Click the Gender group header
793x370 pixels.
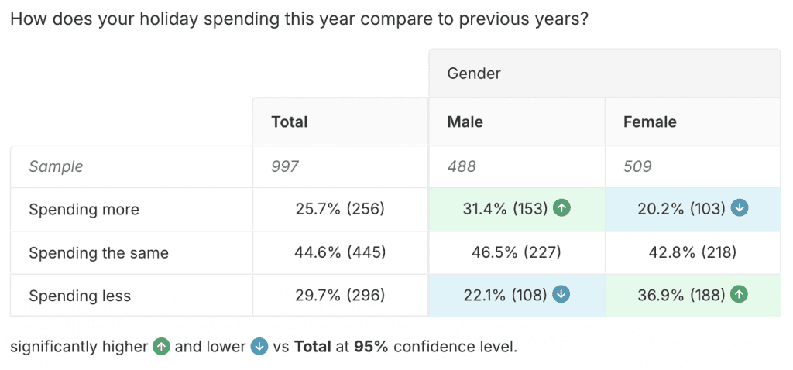pyautogui.click(x=474, y=74)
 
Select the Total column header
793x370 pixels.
pyautogui.click(x=290, y=122)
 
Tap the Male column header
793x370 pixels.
pyautogui.click(x=465, y=122)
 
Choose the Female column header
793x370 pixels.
pyautogui.click(x=650, y=122)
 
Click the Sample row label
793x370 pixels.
pyautogui.click(x=56, y=166)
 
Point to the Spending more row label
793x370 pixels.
pyautogui.click(x=84, y=209)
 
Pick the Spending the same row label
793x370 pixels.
pyautogui.click(x=98, y=252)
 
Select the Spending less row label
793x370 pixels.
pyautogui.click(x=80, y=296)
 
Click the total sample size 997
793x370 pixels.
pyautogui.click(x=285, y=166)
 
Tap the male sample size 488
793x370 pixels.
pyautogui.click(x=462, y=166)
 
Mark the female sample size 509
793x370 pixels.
pyautogui.click(x=637, y=166)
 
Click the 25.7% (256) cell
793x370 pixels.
pyautogui.click(x=340, y=209)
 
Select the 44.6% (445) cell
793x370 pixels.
pyautogui.click(x=340, y=252)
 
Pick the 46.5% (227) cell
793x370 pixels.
pyautogui.click(x=517, y=252)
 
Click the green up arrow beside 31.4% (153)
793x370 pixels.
pyautogui.click(x=562, y=208)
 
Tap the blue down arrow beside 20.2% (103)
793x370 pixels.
pyautogui.click(x=740, y=208)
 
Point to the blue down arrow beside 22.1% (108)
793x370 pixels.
pyautogui.click(x=561, y=295)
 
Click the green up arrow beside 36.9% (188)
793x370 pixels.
pyautogui.click(x=740, y=295)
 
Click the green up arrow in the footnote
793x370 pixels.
pyautogui.click(x=161, y=346)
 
